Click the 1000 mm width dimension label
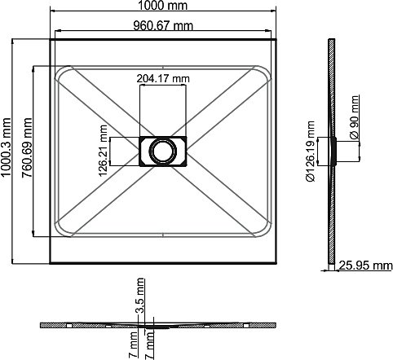coord(163,6)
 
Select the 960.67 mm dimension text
coord(163,26)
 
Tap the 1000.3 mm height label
coord(6,147)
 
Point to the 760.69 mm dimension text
coord(27,147)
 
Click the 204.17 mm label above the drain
coord(163,79)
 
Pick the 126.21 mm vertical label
coord(103,151)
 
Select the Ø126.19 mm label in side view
coord(310,151)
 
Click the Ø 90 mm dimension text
coord(354,117)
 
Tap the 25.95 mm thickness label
coord(365,266)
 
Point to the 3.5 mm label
coord(140,295)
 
